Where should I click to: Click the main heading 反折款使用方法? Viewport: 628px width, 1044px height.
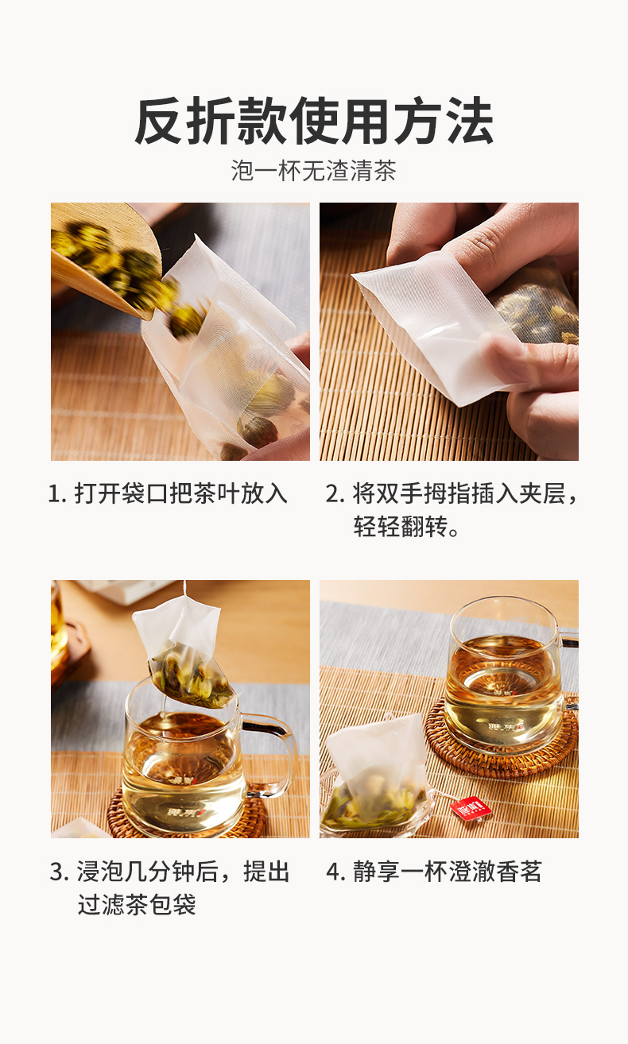tap(314, 122)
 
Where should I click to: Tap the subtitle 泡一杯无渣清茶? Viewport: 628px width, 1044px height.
tap(314, 171)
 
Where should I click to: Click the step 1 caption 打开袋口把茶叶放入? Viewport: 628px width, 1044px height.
tap(181, 493)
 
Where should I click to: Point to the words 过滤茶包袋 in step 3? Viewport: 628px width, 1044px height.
tap(137, 905)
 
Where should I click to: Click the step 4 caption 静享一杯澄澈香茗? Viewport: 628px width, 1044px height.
tap(447, 871)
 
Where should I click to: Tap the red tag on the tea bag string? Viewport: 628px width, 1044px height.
tap(471, 810)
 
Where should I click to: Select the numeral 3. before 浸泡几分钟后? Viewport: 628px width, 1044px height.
tap(59, 872)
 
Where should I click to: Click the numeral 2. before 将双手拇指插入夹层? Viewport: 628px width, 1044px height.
tap(335, 493)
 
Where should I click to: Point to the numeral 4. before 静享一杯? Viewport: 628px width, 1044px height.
tap(335, 872)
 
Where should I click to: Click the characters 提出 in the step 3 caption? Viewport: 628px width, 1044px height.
tap(266, 871)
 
